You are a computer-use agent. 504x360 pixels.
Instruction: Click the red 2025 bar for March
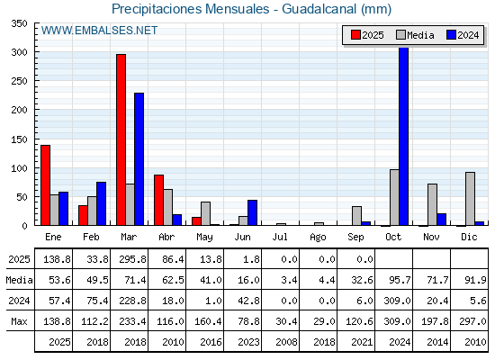[121, 139]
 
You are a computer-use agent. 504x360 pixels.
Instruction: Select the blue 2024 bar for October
[404, 136]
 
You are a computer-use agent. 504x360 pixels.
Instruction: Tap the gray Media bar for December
[470, 199]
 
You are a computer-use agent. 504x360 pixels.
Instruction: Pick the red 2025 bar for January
[45, 185]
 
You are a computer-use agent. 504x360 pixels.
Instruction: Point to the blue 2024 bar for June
[252, 212]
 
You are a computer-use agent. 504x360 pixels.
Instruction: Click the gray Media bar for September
[356, 216]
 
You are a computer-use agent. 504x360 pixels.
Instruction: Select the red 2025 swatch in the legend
[355, 35]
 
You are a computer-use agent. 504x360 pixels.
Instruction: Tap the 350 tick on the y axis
[19, 23]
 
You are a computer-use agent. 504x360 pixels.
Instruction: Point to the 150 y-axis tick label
[19, 139]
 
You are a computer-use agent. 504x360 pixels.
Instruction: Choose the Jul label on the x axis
[280, 238]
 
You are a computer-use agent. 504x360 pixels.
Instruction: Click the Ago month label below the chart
[318, 238]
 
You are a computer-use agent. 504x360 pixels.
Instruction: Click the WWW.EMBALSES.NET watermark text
[99, 31]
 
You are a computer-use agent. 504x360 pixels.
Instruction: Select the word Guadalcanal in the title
[319, 9]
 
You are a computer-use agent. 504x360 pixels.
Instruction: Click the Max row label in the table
[19, 321]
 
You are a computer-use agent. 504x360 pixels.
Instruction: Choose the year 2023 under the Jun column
[248, 342]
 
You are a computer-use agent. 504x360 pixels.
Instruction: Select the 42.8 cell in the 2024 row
[248, 301]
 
